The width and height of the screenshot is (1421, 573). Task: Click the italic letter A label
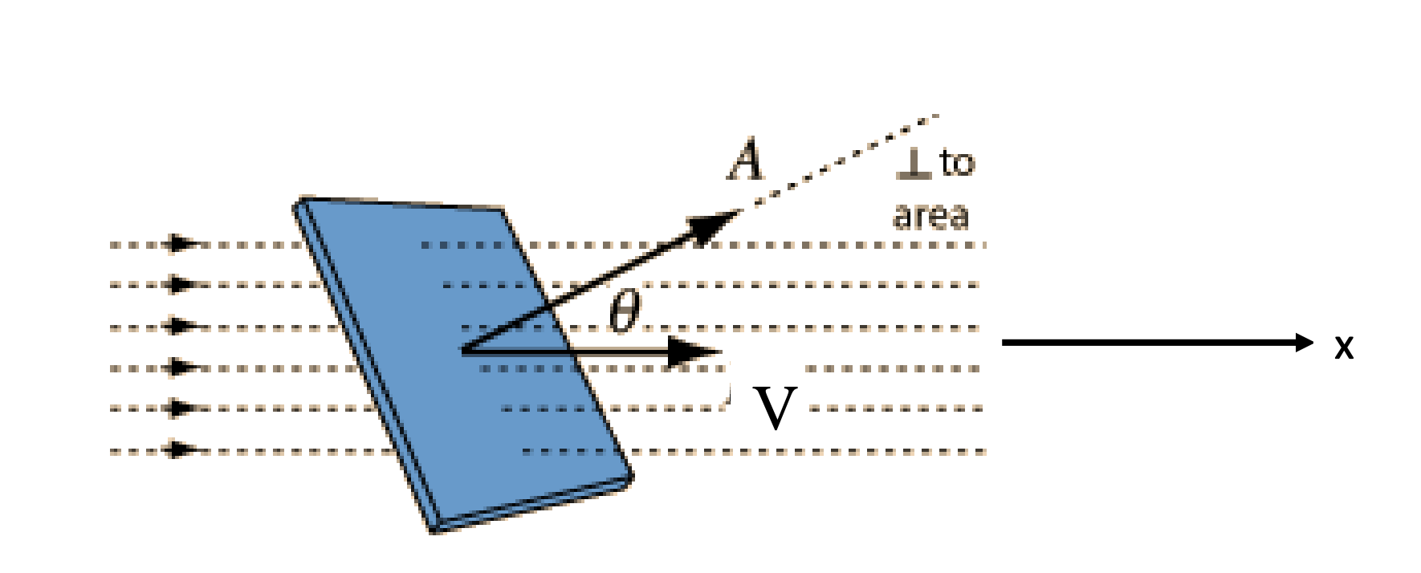(x=746, y=161)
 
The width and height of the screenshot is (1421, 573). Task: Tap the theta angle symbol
(x=625, y=311)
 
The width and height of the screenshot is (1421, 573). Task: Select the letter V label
(x=776, y=408)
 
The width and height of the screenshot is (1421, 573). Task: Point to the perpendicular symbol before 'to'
(x=914, y=164)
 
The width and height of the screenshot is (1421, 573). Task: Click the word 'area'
(x=931, y=215)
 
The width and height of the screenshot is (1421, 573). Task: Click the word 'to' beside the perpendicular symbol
(x=957, y=164)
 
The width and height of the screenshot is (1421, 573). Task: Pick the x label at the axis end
(x=1344, y=347)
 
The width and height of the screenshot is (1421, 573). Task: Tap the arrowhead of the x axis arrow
(x=1302, y=343)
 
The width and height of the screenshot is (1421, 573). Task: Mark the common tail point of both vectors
(x=463, y=350)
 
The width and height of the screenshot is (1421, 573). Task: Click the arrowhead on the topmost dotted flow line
(x=183, y=243)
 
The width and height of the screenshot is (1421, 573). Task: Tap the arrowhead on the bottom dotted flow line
(x=183, y=449)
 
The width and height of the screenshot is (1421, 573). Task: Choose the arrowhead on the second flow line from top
(x=183, y=284)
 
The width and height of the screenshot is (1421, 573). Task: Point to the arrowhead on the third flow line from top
(x=183, y=326)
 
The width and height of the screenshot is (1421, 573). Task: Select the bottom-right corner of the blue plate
(x=631, y=477)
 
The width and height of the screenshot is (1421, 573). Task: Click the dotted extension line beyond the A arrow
(x=843, y=161)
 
